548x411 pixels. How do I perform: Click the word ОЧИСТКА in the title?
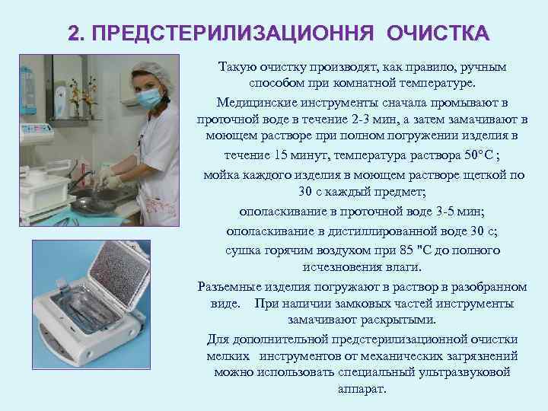click(438, 34)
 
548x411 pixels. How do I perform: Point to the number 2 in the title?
click(74, 34)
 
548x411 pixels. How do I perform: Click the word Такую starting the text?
click(237, 67)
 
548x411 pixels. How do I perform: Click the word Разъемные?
click(225, 286)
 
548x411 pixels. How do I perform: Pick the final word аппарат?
click(362, 389)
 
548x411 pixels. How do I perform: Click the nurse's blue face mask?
click(149, 97)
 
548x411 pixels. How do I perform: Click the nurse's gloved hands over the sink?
click(104, 181)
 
